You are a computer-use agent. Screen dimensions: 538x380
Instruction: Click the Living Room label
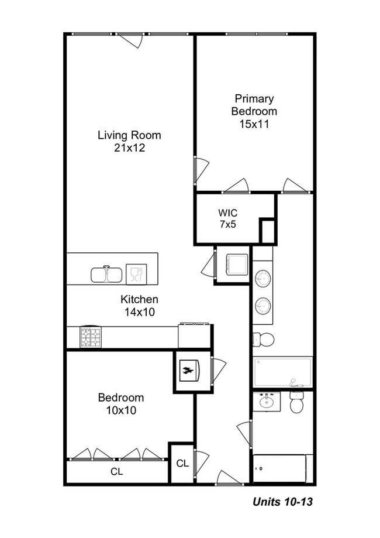pyautogui.click(x=129, y=135)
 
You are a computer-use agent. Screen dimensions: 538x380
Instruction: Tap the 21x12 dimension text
pyautogui.click(x=129, y=148)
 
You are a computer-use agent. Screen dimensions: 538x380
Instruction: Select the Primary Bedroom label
pyautogui.click(x=254, y=105)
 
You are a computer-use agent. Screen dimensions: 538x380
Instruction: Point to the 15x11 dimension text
pyautogui.click(x=254, y=124)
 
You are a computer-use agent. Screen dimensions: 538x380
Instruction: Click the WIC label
pyautogui.click(x=227, y=211)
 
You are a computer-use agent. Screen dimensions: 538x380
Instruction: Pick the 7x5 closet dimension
pyautogui.click(x=227, y=224)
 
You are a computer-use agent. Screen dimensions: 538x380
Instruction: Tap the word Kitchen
pyautogui.click(x=139, y=300)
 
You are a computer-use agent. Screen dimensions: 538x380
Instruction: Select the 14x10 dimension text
pyautogui.click(x=139, y=313)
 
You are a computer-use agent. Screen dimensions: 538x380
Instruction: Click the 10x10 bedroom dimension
pyautogui.click(x=120, y=410)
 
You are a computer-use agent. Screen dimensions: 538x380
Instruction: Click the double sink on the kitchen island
pyautogui.click(x=106, y=274)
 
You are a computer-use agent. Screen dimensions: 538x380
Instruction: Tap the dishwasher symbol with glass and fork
pyautogui.click(x=136, y=273)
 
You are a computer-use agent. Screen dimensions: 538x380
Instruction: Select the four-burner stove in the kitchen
pyautogui.click(x=91, y=338)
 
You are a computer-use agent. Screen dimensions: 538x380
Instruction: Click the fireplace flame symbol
pyautogui.click(x=188, y=370)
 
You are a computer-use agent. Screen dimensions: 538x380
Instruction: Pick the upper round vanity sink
pyautogui.click(x=264, y=277)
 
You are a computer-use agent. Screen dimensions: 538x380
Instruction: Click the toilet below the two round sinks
pyautogui.click(x=264, y=340)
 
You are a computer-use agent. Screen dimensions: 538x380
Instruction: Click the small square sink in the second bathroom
pyautogui.click(x=267, y=401)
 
